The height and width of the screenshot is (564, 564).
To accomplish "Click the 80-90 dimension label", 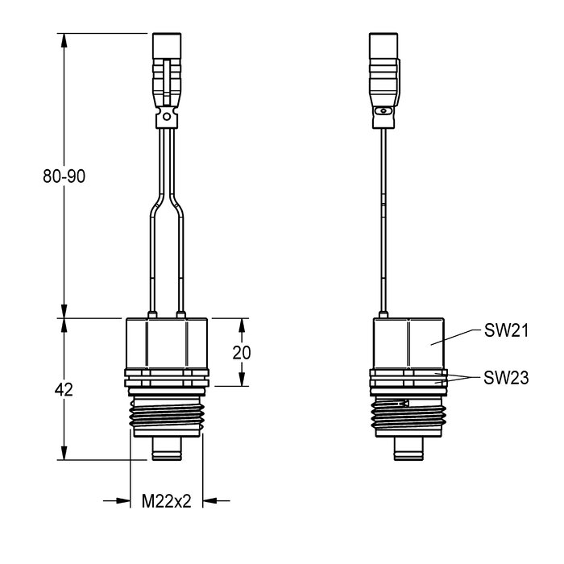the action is (x=64, y=176).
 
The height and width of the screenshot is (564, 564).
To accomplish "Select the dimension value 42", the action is (x=64, y=389).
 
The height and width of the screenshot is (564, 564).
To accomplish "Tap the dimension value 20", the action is (x=242, y=353).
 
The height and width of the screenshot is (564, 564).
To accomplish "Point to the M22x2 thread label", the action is (x=166, y=501).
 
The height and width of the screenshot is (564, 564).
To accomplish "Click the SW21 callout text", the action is (x=506, y=330).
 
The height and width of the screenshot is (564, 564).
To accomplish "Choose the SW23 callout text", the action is (x=506, y=378).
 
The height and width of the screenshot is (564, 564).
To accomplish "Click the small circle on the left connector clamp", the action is (x=167, y=117).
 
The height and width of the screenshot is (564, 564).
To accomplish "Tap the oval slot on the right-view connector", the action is (x=384, y=111).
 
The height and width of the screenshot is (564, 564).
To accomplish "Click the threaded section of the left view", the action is (x=167, y=415).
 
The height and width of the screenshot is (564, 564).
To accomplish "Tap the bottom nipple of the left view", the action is (x=167, y=449).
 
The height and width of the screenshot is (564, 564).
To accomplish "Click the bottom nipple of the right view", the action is (x=408, y=449).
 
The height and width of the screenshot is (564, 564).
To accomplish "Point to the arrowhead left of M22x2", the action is (x=123, y=500).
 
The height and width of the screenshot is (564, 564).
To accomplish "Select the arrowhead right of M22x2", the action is (x=210, y=500).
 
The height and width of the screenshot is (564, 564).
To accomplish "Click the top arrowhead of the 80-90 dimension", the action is (x=64, y=40).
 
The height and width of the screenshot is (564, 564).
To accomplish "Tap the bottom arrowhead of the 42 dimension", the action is (x=64, y=453).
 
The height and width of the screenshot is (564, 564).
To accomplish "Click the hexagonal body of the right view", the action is (x=408, y=344).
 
